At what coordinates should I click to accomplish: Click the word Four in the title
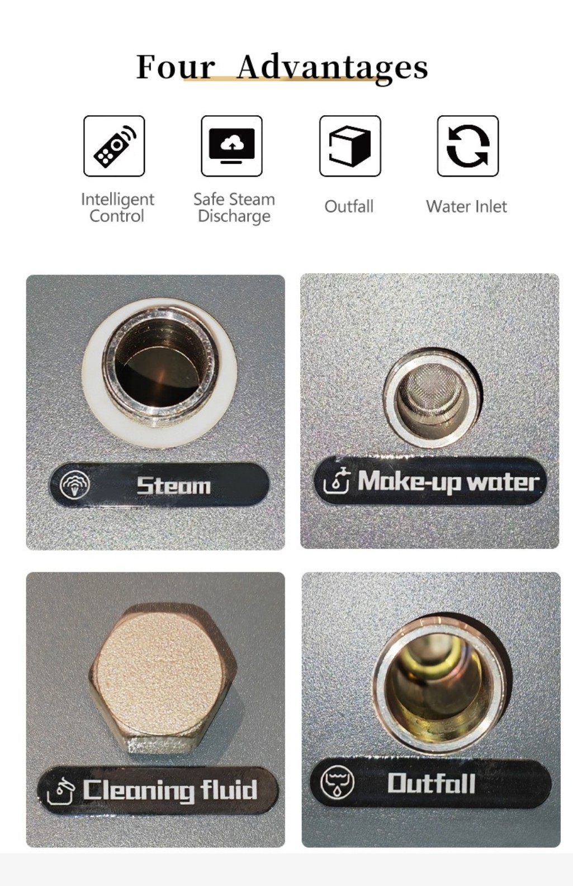pyautogui.click(x=176, y=67)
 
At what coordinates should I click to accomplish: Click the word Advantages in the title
pyautogui.click(x=332, y=68)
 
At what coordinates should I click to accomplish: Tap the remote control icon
pyautogui.click(x=114, y=146)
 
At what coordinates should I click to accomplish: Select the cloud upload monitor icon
pyautogui.click(x=232, y=146)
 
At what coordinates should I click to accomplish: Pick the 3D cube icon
pyautogui.click(x=350, y=146)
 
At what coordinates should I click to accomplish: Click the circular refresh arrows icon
pyautogui.click(x=468, y=146)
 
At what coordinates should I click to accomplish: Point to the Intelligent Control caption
pyautogui.click(x=117, y=207)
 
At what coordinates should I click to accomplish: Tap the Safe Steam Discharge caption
pyautogui.click(x=234, y=207)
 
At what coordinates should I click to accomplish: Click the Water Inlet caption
pyautogui.click(x=467, y=206)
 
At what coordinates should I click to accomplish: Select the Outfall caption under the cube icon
pyautogui.click(x=349, y=206)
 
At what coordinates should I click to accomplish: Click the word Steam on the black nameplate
pyautogui.click(x=174, y=486)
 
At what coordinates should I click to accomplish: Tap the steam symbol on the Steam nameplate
pyautogui.click(x=75, y=484)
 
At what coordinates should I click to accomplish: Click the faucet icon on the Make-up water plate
pyautogui.click(x=336, y=480)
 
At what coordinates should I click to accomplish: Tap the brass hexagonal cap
pyautogui.click(x=163, y=679)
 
